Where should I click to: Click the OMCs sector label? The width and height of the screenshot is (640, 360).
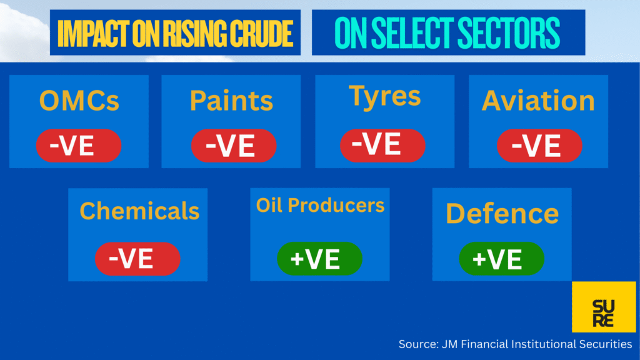[79, 101]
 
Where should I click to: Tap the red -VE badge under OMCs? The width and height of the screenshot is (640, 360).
[79, 145]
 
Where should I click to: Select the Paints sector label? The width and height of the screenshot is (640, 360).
[231, 101]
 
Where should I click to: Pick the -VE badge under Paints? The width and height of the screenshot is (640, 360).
[234, 145]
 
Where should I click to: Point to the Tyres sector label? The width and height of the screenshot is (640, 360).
[385, 97]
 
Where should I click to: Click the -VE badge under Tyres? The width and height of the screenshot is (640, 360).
[383, 145]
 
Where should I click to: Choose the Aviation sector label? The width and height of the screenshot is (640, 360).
[538, 101]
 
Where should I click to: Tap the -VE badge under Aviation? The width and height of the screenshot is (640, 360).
[539, 145]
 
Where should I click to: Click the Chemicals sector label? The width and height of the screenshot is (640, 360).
[139, 211]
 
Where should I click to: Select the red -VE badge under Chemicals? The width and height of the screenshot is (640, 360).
[137, 259]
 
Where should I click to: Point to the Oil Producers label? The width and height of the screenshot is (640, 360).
[321, 205]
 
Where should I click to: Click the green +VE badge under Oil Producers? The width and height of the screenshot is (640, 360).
[319, 259]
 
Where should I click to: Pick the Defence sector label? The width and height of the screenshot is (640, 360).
[502, 214]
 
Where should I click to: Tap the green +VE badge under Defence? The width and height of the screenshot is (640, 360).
[502, 259]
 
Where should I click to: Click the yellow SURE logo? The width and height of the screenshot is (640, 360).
[604, 307]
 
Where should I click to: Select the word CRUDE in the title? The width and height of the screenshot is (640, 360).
[262, 34]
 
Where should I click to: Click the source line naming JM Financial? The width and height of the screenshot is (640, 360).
[515, 344]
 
